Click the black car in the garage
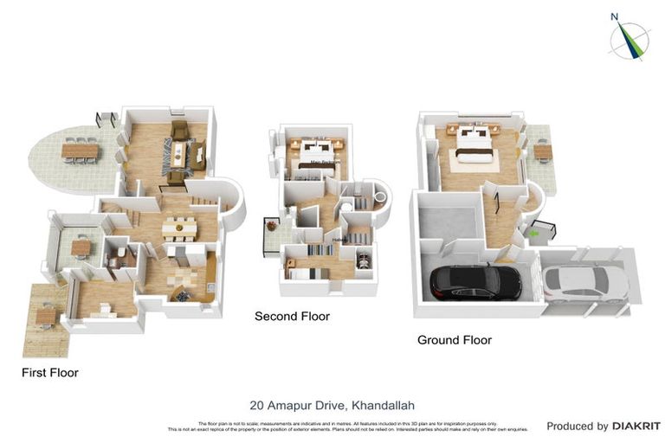[x=476, y=281]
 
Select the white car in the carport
[x=585, y=282]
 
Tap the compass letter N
[x=614, y=16]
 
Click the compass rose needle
[x=629, y=40]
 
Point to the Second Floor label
[x=292, y=317]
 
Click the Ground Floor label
[x=454, y=340]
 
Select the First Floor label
[x=50, y=373]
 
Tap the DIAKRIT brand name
[x=636, y=426]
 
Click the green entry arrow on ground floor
[x=535, y=231]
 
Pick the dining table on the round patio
[x=80, y=151]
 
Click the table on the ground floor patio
[x=542, y=151]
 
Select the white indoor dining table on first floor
[x=179, y=227]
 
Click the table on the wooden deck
[x=46, y=317]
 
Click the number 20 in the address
[x=256, y=404]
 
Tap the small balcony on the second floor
[x=272, y=234]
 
